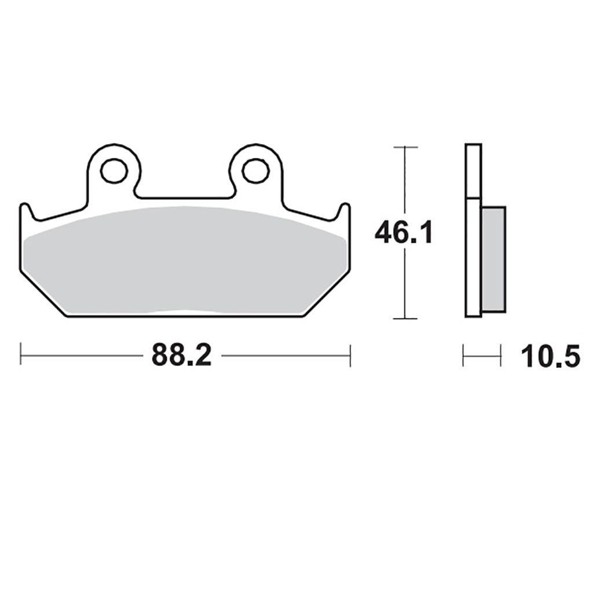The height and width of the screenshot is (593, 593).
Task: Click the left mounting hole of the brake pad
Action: point(114,171)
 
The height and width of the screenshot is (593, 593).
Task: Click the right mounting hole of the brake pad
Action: point(256,171)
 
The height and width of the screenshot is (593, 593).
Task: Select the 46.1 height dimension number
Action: point(403,232)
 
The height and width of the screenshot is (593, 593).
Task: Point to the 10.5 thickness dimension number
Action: point(550,356)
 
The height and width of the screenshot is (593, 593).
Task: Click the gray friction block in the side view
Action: point(493,259)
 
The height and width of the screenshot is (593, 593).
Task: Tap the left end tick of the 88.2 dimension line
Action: point(21,355)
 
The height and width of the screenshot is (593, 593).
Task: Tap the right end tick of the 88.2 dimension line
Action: point(350,355)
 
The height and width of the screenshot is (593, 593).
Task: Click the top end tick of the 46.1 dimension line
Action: point(405,147)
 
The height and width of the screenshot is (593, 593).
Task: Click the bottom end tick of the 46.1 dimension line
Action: point(405,319)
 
